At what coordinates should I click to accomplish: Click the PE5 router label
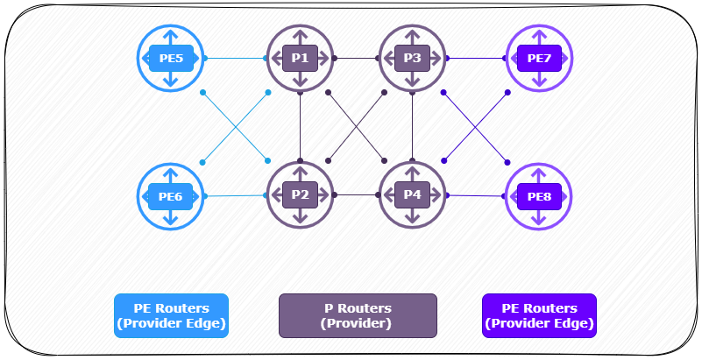171,58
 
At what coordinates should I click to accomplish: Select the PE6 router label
171,196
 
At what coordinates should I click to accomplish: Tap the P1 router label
300,58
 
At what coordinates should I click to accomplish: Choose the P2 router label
300,194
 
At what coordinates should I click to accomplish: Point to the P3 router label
412,58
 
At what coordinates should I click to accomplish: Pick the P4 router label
412,194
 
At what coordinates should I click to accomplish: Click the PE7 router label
539,58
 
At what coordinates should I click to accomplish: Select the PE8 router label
539,196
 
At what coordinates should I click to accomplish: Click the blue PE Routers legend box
171,315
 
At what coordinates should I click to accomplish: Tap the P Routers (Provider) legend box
358,315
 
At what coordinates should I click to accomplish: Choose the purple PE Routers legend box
539,315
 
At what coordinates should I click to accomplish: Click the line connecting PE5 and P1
235,58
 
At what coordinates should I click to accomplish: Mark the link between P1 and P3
357,58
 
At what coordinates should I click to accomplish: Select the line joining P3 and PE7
476,58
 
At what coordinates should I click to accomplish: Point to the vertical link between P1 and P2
300,126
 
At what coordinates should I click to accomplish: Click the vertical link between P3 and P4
412,126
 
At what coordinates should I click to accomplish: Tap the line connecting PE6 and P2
235,196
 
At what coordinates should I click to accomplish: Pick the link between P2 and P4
357,194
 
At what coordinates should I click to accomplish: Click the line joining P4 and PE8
476,195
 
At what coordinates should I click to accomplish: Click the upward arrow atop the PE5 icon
170,36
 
